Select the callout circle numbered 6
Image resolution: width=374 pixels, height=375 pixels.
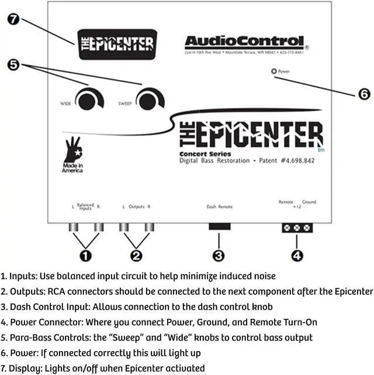click(x=363, y=93)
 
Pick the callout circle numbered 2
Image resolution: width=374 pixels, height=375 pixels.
click(x=136, y=255)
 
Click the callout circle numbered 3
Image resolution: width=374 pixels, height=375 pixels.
click(x=219, y=255)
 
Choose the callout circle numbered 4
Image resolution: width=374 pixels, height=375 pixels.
click(x=297, y=255)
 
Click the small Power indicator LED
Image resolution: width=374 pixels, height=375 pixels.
click(x=273, y=71)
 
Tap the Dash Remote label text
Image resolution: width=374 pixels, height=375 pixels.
click(x=220, y=207)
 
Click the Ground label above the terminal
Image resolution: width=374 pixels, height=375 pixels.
click(x=309, y=202)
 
